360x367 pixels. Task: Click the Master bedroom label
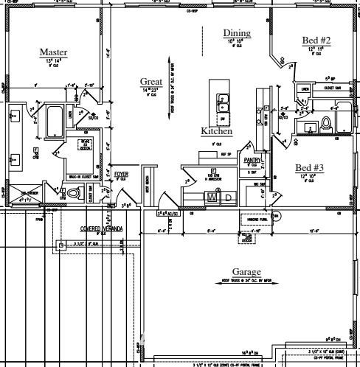[x=53, y=52]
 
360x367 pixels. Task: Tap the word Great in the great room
[x=150, y=81]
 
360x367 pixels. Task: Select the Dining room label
[x=237, y=33]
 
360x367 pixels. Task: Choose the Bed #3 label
[x=310, y=167]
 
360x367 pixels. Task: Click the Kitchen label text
[x=217, y=131]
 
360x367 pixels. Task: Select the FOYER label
[x=120, y=174]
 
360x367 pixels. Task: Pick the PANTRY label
[x=253, y=159]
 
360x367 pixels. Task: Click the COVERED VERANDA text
[x=102, y=228]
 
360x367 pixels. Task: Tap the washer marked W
[x=212, y=197]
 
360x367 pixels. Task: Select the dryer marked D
[x=228, y=197]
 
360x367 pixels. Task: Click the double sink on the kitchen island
[x=223, y=100]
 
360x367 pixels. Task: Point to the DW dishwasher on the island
[x=223, y=117]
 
